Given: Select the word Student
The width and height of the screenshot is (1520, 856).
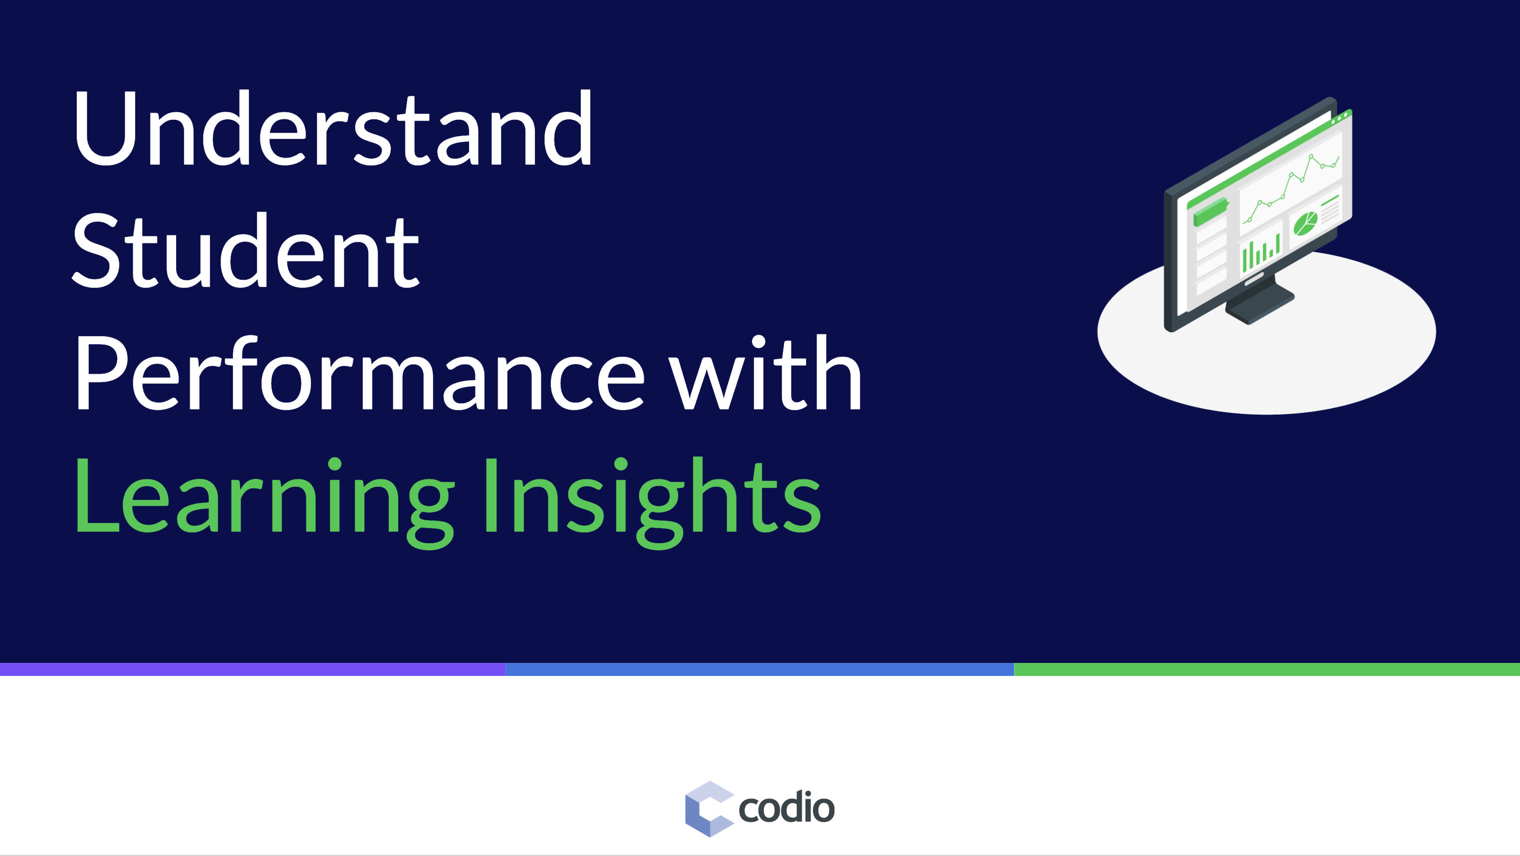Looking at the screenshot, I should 245,252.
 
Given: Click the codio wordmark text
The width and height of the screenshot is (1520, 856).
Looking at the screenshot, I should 786,809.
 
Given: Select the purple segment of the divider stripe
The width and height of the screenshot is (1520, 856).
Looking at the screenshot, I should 253,669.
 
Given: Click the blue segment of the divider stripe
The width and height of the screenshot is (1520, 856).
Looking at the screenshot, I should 760,669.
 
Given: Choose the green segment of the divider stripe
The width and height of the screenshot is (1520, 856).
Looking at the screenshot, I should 1267,669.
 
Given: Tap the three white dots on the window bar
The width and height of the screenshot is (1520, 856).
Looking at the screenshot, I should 1339,119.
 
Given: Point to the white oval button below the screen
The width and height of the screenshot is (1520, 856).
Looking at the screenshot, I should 1254,280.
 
